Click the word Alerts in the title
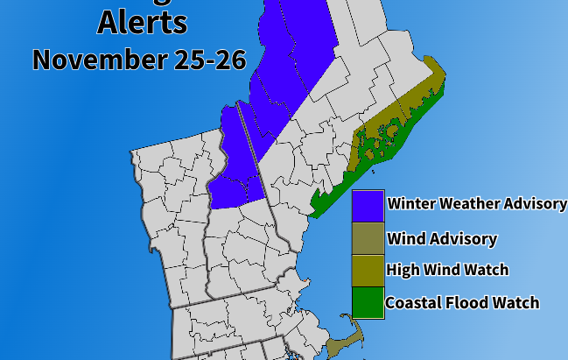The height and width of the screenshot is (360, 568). click(x=142, y=21)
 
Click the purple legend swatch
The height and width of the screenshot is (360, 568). click(x=368, y=206)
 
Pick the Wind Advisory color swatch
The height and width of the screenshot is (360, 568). click(x=368, y=238)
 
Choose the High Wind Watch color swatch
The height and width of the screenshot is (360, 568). click(x=368, y=270)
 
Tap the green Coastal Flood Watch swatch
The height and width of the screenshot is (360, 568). click(x=368, y=302)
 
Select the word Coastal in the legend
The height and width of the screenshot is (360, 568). click(x=415, y=303)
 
